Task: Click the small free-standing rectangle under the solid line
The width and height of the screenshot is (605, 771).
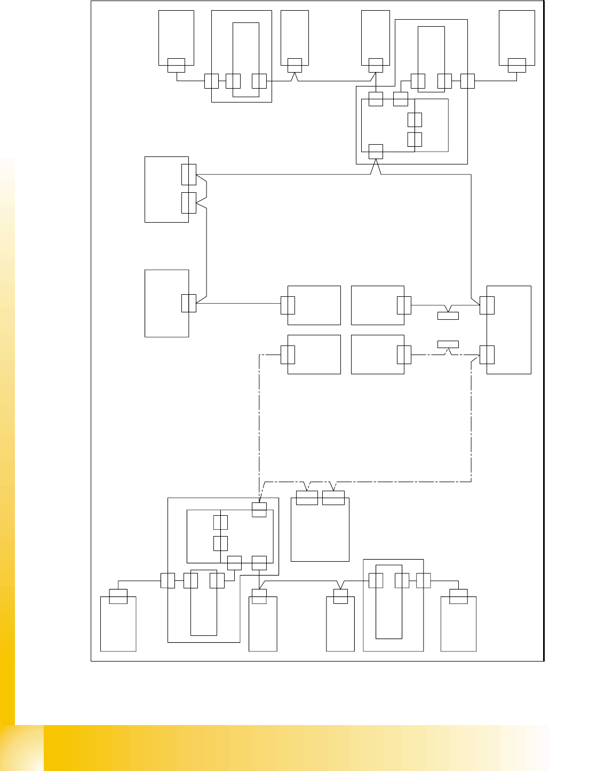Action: point(448,316)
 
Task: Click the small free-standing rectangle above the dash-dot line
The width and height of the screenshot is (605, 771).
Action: point(448,344)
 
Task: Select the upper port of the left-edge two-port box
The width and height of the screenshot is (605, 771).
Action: point(189,174)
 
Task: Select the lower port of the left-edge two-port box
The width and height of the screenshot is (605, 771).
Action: point(189,203)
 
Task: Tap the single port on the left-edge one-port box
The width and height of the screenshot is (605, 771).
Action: point(189,303)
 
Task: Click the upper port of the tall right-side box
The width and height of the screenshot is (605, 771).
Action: point(487,305)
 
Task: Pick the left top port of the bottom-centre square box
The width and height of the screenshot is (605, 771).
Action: point(307,498)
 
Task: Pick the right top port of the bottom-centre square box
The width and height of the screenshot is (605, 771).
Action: point(333,498)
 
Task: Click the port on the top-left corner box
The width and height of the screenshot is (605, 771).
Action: point(176,65)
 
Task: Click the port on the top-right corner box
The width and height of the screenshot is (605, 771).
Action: point(517,65)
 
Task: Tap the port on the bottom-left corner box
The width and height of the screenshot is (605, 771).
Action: point(118,596)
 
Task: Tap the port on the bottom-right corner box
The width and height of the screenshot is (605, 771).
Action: point(458,596)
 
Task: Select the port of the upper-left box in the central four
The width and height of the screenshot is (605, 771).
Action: point(288,305)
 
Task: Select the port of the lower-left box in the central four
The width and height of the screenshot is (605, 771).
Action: point(288,355)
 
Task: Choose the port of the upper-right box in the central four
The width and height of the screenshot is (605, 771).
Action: point(404,305)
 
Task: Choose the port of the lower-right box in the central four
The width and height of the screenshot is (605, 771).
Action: point(404,355)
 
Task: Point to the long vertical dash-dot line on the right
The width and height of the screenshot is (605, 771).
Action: point(472,422)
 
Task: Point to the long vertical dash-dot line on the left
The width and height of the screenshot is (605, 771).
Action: point(259,422)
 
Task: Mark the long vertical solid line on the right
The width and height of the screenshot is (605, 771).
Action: point(472,235)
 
